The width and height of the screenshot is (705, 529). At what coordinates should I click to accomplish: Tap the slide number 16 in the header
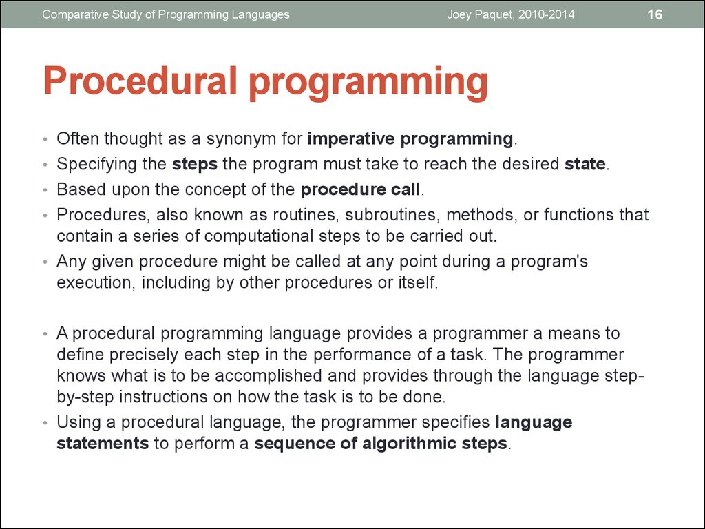[654, 14]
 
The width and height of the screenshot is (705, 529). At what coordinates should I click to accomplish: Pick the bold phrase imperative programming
[410, 139]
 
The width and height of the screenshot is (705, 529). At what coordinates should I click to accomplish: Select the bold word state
[585, 165]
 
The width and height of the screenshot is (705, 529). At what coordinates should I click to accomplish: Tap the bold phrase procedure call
[359, 189]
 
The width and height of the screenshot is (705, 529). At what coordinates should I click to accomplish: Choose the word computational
[254, 236]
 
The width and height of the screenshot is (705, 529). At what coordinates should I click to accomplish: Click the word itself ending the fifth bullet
[416, 283]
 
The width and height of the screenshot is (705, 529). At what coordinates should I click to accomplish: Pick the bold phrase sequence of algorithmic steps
[381, 443]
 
